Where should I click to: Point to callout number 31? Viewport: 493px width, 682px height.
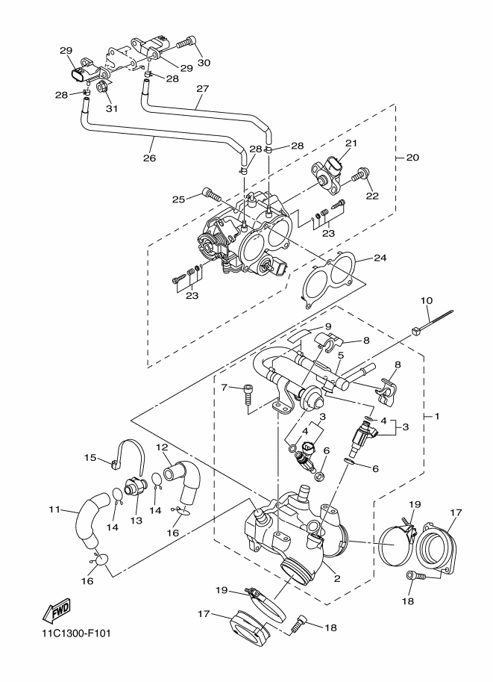112,109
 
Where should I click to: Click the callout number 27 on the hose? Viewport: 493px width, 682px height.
201,88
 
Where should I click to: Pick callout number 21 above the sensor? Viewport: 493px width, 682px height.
351,143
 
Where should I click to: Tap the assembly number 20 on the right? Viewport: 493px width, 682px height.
412,158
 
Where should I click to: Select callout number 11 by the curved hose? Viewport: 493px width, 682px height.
54,510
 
